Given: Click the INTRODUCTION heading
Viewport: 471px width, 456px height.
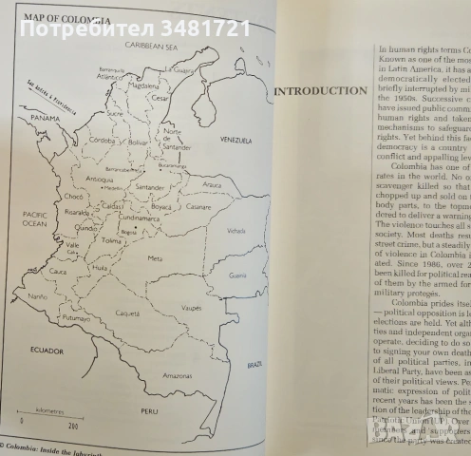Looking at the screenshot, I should click(x=320, y=91).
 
